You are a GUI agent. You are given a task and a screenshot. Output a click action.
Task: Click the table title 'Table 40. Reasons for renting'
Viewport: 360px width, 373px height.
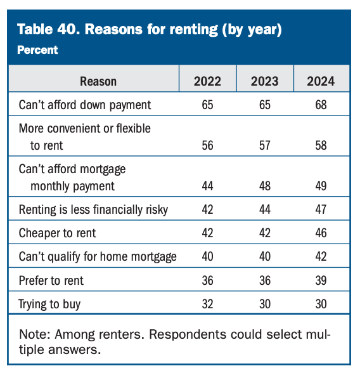(150, 29)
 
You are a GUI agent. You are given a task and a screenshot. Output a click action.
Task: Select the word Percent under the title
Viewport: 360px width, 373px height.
(37, 49)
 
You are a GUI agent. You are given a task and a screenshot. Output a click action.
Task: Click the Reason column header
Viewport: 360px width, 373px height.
(98, 81)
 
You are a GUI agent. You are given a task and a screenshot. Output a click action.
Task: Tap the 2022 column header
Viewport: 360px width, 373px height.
(207, 81)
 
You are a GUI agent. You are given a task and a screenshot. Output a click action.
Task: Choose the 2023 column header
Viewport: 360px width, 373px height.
(264, 81)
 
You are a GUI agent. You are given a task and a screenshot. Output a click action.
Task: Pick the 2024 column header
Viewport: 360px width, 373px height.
(321, 81)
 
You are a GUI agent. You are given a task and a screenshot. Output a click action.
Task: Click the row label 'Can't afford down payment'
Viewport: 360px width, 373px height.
(85, 105)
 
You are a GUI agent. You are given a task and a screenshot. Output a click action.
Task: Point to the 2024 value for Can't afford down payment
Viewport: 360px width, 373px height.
(321, 105)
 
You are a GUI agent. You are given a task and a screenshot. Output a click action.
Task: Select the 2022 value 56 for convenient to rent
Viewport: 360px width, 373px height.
(207, 145)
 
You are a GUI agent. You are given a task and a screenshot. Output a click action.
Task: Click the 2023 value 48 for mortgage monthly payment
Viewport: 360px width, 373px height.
(264, 186)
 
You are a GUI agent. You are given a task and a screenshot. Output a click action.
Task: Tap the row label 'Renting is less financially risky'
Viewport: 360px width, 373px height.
(94, 209)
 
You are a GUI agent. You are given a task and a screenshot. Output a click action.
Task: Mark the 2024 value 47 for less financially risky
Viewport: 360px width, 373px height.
(321, 209)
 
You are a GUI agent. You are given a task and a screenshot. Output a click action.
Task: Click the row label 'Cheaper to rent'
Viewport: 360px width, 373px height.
(58, 233)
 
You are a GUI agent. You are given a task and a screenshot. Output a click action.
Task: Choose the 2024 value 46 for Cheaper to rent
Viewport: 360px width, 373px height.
(321, 233)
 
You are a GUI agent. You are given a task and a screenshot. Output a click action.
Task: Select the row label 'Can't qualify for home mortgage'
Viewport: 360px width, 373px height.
(98, 256)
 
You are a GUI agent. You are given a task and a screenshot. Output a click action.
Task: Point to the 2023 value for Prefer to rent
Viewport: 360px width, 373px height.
(264, 280)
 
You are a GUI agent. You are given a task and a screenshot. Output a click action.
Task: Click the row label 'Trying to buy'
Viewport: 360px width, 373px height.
(50, 303)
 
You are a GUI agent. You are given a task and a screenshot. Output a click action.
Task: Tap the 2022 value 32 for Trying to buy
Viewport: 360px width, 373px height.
(207, 303)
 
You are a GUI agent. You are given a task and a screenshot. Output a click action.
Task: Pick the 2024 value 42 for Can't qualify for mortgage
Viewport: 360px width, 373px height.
(321, 256)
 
